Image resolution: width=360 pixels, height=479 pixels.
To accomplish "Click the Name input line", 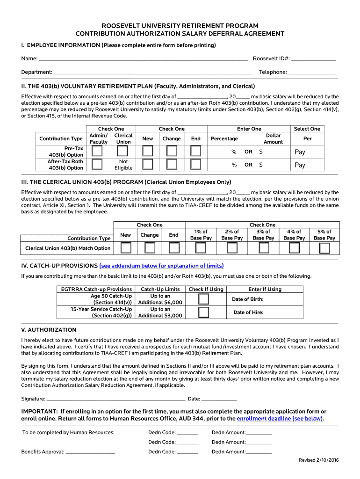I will click(143, 59).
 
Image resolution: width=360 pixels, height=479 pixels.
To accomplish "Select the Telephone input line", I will click(312, 73).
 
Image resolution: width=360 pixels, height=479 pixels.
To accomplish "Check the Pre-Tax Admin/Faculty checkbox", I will click(97, 151).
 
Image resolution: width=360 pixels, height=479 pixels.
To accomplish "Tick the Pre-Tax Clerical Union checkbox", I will click(122, 151).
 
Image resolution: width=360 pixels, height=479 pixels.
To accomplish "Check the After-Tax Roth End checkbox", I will click(195, 164).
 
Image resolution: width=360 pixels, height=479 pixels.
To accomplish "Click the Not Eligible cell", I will click(123, 165).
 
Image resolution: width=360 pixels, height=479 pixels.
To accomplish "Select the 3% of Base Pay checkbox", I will click(264, 248).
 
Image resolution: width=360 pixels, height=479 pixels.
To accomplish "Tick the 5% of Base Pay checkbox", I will click(324, 248).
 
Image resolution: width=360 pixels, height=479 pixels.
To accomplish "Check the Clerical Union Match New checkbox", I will click(125, 248).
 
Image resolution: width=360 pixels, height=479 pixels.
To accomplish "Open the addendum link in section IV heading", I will click(161, 266).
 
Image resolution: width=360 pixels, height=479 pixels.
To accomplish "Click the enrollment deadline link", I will click(280, 419).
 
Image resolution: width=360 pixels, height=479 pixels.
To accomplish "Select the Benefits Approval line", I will click(90, 452).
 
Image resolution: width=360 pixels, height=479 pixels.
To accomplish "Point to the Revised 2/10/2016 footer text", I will click(318, 460).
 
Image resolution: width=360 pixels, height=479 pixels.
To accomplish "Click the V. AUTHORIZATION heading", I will click(49, 330).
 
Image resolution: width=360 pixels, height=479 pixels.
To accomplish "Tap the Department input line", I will click(153, 73).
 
